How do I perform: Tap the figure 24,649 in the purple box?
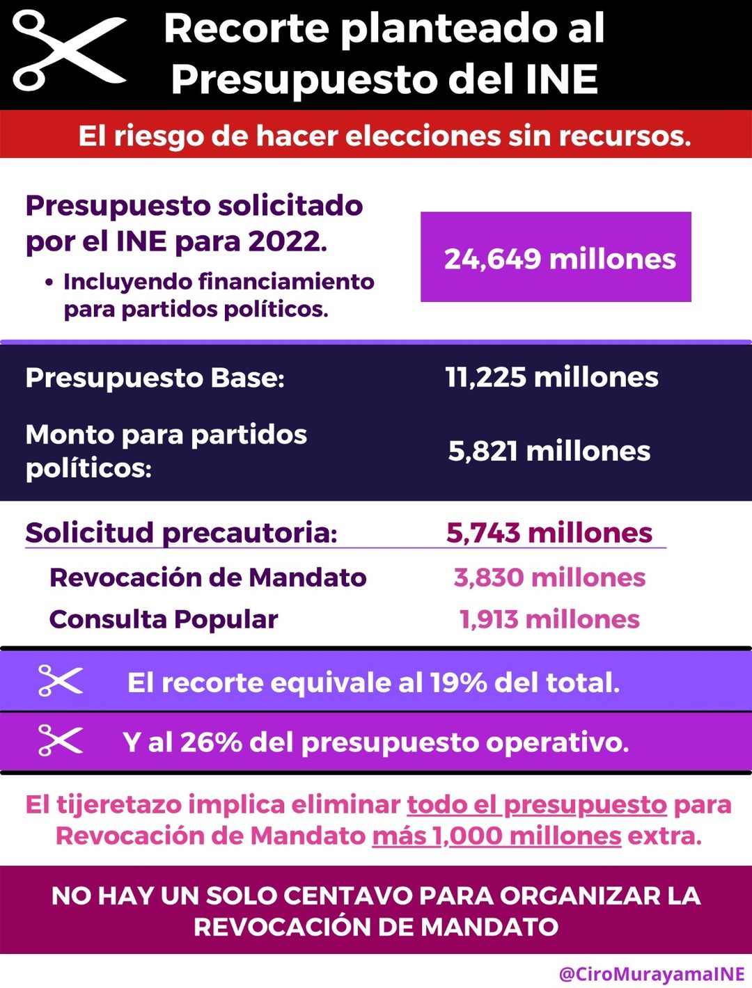[492, 260]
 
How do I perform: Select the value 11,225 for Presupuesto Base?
[485, 376]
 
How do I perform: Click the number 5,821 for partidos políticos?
[483, 451]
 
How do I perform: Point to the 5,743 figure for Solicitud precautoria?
[483, 533]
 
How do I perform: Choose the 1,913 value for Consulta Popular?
[488, 619]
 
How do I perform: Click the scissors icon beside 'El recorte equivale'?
[61, 680]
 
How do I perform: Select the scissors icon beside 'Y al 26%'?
[61, 740]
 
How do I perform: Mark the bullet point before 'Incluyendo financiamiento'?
[49, 283]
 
